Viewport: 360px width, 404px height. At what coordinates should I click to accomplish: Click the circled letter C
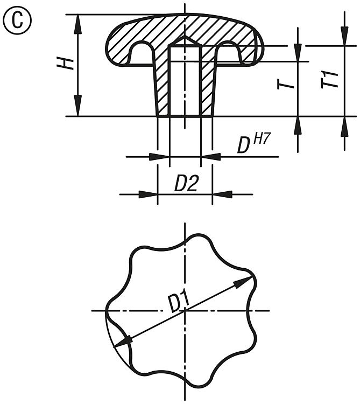click(x=17, y=20)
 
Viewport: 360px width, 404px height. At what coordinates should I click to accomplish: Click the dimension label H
click(x=65, y=64)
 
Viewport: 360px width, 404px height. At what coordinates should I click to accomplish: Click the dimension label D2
click(x=186, y=184)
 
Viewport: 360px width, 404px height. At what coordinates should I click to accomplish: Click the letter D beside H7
click(x=243, y=145)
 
